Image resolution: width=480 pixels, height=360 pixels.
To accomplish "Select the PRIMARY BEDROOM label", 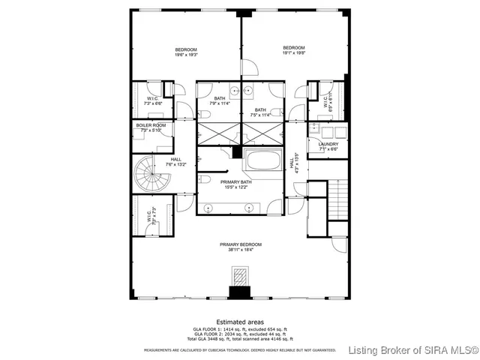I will [x=240, y=244].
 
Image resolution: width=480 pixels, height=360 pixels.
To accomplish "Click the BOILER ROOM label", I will [x=151, y=125].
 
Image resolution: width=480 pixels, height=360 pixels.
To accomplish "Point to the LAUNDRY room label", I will [x=328, y=144].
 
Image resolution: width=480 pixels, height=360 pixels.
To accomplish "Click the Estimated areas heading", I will [x=240, y=322].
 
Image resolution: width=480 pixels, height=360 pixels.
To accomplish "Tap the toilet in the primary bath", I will [x=205, y=180].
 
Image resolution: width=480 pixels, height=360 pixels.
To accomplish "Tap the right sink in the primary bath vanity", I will [x=248, y=206].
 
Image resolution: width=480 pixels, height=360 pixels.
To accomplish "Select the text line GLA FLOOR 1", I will [x=240, y=329].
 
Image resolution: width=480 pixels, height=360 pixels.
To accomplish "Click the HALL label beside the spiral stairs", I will [x=175, y=159].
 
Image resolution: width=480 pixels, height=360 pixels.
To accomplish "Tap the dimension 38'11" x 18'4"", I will [x=240, y=250].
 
